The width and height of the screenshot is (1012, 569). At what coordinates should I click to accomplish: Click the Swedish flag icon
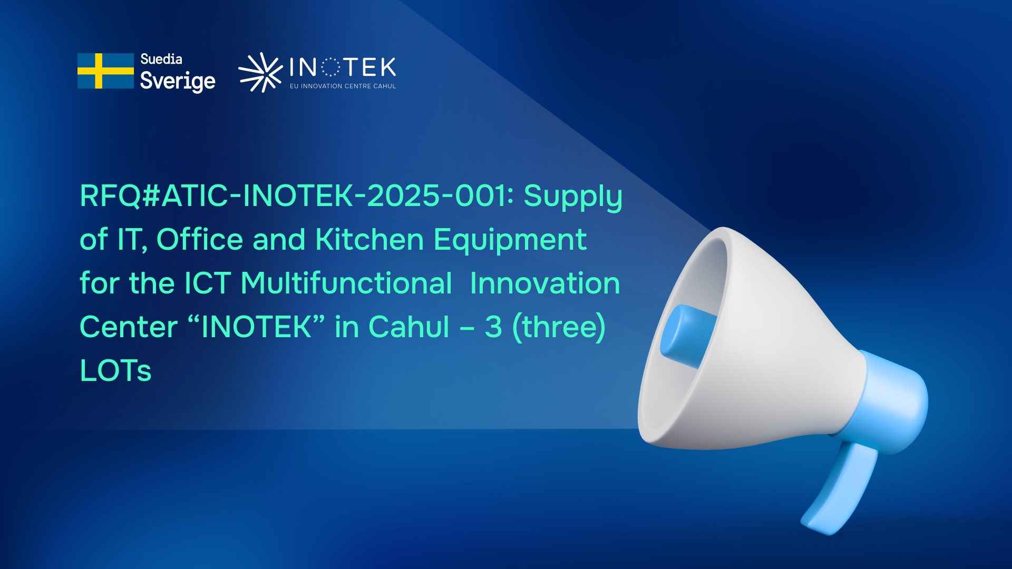(x=105, y=71)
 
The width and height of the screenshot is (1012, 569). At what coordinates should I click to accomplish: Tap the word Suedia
(x=161, y=59)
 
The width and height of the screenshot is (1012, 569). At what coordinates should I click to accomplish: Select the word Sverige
(x=178, y=81)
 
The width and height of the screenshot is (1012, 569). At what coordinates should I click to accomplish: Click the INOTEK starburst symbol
(x=260, y=72)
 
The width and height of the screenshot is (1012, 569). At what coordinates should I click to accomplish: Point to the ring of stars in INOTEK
(x=330, y=67)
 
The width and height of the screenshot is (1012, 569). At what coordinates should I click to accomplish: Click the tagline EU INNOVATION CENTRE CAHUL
(x=343, y=86)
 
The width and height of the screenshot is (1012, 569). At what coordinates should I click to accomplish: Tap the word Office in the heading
(x=200, y=239)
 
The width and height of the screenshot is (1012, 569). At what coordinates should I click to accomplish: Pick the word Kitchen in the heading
(x=369, y=239)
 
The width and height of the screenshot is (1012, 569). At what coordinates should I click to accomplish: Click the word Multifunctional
(x=346, y=283)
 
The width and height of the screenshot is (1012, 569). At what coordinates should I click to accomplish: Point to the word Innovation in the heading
(x=545, y=283)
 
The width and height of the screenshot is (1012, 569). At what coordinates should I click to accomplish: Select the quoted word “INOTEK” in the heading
(x=256, y=327)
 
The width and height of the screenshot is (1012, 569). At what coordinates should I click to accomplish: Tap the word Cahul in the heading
(x=409, y=327)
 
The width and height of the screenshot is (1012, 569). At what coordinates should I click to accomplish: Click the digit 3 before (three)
(x=493, y=327)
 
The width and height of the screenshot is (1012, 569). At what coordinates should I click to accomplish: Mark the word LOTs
(x=116, y=370)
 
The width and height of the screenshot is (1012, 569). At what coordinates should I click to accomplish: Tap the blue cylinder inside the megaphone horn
(x=687, y=336)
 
